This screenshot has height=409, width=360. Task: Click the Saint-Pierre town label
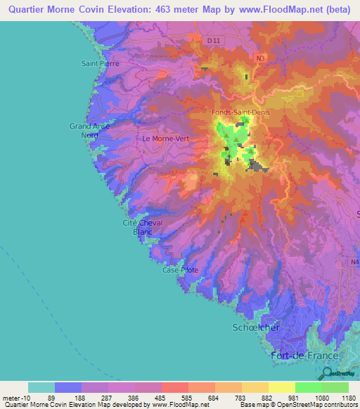point(101,63)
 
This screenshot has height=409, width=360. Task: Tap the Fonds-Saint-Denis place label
point(241,112)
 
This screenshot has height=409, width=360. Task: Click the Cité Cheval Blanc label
point(143,227)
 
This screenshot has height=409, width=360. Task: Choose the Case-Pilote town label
point(181,270)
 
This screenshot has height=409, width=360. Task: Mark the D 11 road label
point(214,41)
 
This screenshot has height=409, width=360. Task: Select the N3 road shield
point(261,58)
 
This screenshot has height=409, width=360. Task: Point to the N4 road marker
point(354,262)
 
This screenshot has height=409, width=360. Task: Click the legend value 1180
point(349,397)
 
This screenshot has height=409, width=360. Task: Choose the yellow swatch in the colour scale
point(282,387)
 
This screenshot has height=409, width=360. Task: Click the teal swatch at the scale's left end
point(41,387)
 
